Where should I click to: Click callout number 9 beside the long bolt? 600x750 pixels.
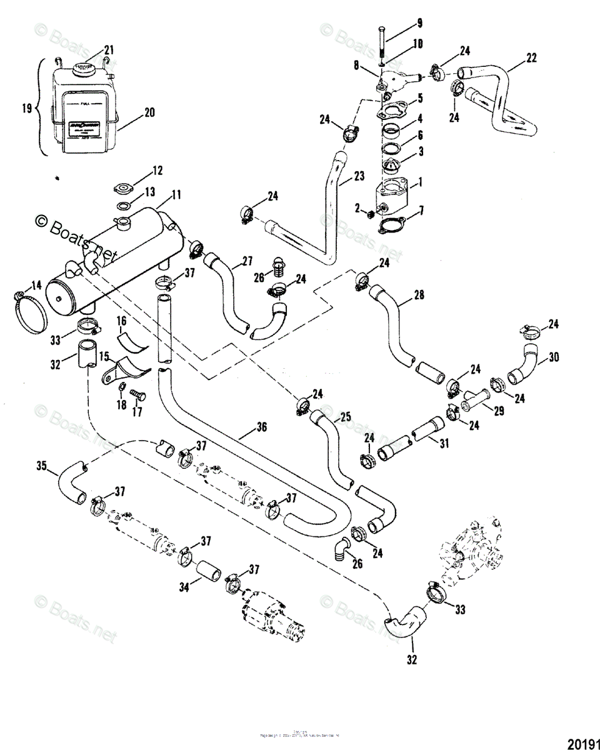[420, 24]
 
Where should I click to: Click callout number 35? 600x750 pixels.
[42, 466]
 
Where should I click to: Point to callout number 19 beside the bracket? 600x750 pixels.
[26, 107]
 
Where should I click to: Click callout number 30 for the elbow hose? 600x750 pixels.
[553, 358]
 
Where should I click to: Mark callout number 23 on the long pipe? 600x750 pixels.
[358, 177]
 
